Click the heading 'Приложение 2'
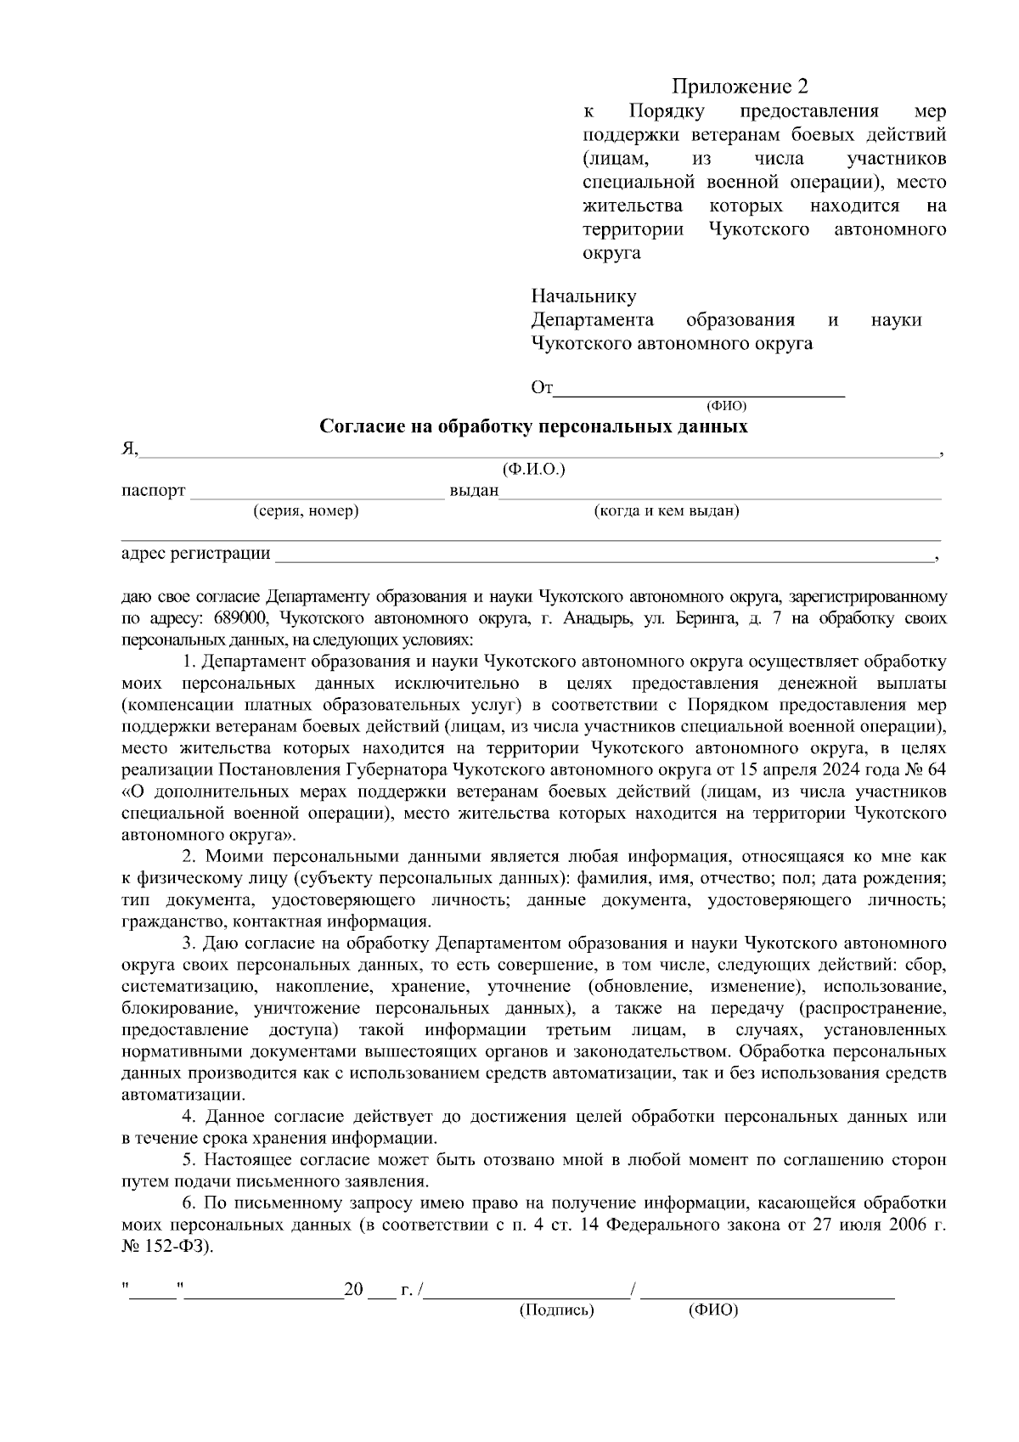coord(740,87)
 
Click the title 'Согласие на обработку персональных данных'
coord(533,426)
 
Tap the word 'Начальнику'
coord(583,296)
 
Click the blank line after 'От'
coord(699,392)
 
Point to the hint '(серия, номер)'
coord(306,511)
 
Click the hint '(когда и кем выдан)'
coord(667,511)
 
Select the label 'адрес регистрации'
coord(196,555)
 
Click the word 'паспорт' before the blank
coord(153,492)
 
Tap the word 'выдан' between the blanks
coord(473,492)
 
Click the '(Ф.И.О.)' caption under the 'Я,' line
coord(533,470)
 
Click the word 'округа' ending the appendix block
coord(611,253)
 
